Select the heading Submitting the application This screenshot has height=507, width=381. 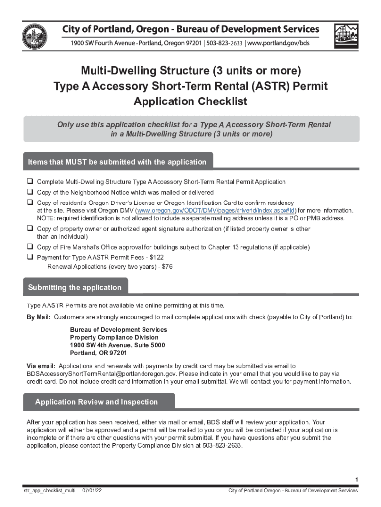click(75, 288)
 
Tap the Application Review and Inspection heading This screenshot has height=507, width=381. click(96, 402)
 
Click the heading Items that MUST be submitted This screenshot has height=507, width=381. click(117, 162)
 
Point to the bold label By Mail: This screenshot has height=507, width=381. click(39, 317)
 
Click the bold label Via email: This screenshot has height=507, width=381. click(41, 366)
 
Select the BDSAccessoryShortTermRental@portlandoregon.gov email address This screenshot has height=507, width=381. click(100, 374)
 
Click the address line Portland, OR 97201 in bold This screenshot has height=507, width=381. click(98, 353)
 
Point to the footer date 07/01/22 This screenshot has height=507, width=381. click(93, 491)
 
